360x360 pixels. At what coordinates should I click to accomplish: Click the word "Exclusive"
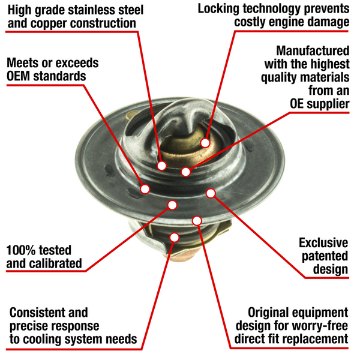coord(323,243)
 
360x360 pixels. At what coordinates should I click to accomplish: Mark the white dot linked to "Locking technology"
coord(205,143)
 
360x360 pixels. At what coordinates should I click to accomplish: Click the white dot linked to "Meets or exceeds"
coord(145,189)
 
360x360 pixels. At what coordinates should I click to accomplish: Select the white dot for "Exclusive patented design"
coord(211,193)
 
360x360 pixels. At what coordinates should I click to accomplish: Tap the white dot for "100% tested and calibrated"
coord(172,205)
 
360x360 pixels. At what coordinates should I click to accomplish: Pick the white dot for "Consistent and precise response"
coord(174,237)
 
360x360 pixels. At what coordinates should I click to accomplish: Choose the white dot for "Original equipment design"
coord(196,221)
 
